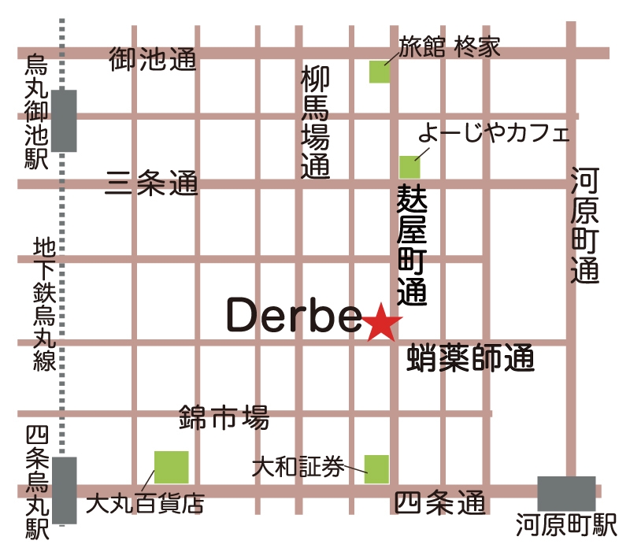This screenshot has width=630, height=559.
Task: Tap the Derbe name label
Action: pyautogui.click(x=293, y=316)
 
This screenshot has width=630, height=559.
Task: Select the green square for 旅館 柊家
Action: pyautogui.click(x=380, y=72)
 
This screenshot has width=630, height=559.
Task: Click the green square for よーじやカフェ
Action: pyautogui.click(x=409, y=166)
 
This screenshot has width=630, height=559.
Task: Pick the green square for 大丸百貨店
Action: pyautogui.click(x=171, y=467)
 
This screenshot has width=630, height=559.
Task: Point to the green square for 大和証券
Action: pyautogui.click(x=376, y=469)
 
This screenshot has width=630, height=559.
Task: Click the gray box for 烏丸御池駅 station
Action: pyautogui.click(x=64, y=120)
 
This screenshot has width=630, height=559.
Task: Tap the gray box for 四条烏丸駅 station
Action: pyautogui.click(x=64, y=490)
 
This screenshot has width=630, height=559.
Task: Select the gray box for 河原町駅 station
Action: pyautogui.click(x=566, y=494)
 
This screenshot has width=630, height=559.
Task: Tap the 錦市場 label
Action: pyautogui.click(x=224, y=416)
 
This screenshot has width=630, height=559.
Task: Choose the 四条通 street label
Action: pyautogui.click(x=440, y=502)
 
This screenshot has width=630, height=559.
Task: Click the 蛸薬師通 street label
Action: pyautogui.click(x=471, y=360)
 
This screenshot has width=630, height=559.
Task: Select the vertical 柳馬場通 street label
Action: pyautogui.click(x=315, y=122)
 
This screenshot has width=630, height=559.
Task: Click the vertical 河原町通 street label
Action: pyautogui.click(x=585, y=226)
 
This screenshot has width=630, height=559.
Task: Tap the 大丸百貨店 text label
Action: pyautogui.click(x=145, y=503)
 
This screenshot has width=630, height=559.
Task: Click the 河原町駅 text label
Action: pyautogui.click(x=567, y=525)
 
